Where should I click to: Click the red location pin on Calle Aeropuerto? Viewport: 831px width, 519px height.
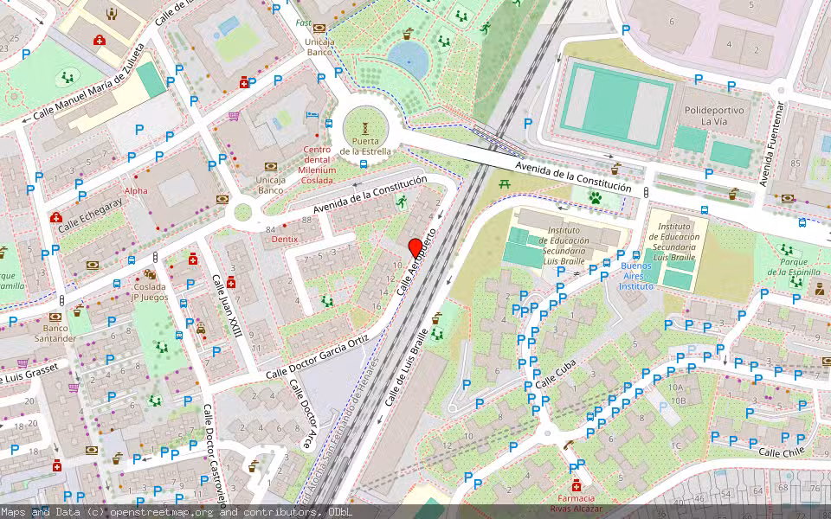[415, 247]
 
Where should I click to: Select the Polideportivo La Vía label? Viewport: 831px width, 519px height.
[716, 116]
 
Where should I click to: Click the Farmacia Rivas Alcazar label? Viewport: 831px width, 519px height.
[575, 503]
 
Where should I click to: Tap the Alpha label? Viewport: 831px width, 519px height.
[136, 190]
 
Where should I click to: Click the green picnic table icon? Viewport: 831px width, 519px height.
[507, 183]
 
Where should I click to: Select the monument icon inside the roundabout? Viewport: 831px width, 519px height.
[364, 127]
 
